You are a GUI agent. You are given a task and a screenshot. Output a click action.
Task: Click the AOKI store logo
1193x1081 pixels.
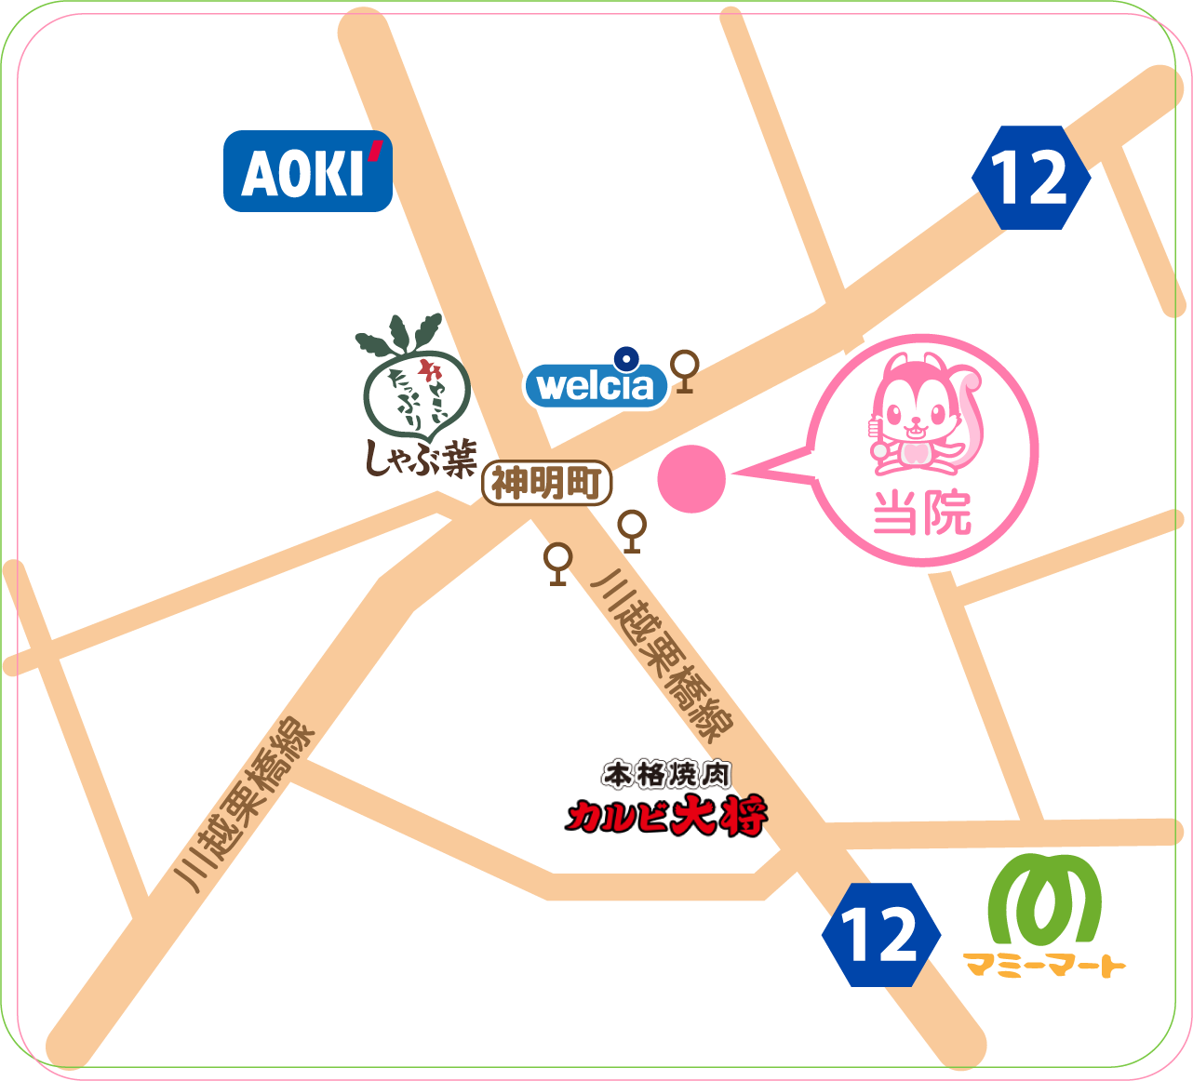click(307, 172)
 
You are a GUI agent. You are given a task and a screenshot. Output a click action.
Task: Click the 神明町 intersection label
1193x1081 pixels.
click(547, 483)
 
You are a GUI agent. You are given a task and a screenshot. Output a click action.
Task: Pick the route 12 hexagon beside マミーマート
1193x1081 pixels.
click(880, 935)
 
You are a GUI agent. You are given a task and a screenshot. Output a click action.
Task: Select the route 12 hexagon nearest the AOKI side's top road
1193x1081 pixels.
click(1030, 178)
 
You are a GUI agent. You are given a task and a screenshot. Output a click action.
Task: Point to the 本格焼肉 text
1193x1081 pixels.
click(666, 774)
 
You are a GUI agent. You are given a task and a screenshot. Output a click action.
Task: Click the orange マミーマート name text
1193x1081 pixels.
click(1044, 965)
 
